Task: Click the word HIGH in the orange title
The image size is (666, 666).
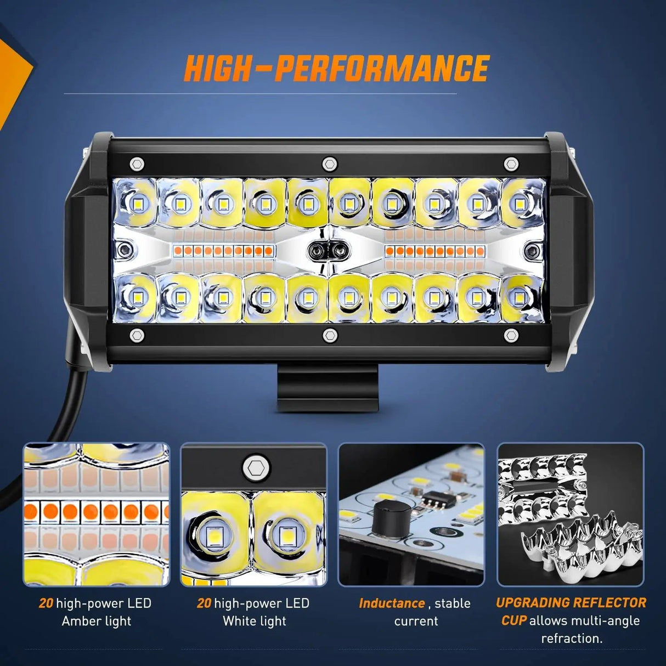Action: pyautogui.click(x=216, y=69)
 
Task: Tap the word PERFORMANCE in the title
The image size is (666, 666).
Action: pyautogui.click(x=382, y=69)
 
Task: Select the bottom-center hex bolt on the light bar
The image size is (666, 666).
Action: pyautogui.click(x=329, y=335)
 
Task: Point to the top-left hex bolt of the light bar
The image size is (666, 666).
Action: pyautogui.click(x=137, y=164)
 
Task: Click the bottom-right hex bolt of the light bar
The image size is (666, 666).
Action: pyautogui.click(x=511, y=335)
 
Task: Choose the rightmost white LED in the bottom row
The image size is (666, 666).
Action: pyautogui.click(x=517, y=297)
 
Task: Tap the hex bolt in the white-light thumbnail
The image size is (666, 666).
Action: pyautogui.click(x=256, y=469)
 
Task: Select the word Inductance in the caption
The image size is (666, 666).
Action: pyautogui.click(x=392, y=603)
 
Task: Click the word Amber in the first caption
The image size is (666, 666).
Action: pyautogui.click(x=80, y=621)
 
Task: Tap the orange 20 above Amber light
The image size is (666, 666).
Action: pyautogui.click(x=46, y=603)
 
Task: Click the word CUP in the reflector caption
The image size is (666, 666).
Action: pyautogui.click(x=514, y=620)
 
